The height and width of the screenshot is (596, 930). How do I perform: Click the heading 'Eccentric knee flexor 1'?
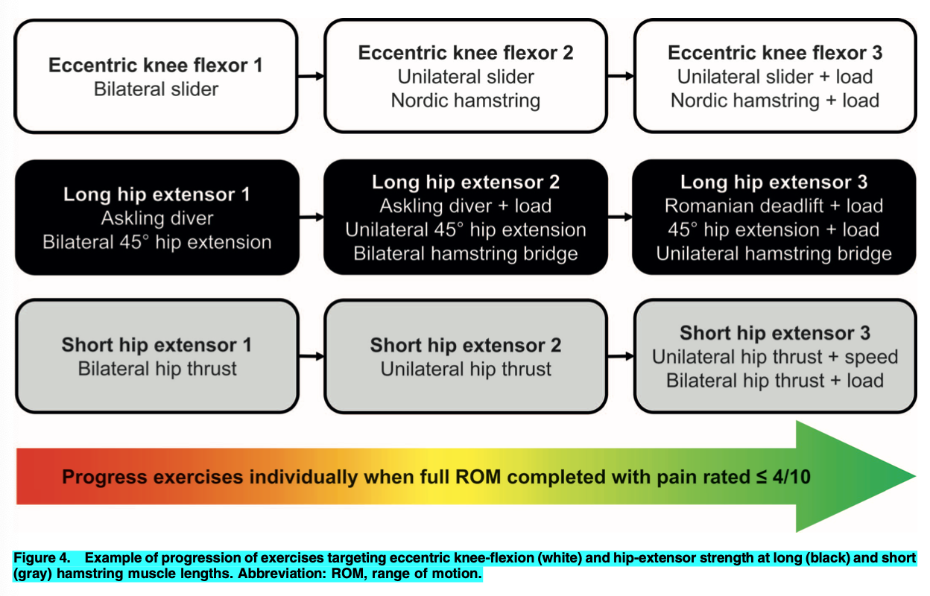point(156,65)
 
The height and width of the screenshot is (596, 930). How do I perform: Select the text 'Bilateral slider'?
point(156,89)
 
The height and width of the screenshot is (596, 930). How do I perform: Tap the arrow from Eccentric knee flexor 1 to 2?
point(311,76)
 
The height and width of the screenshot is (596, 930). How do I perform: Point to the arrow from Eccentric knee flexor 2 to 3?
point(621,76)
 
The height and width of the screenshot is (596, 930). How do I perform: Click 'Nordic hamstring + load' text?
point(775,101)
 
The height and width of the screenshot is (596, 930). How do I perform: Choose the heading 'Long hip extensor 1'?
point(156,194)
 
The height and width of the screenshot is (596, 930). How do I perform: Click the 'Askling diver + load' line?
point(466,206)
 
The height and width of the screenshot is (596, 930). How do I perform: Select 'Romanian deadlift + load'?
point(774,206)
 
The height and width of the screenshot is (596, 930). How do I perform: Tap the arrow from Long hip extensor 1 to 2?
point(311,217)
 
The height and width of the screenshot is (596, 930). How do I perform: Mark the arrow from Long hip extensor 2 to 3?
point(620,217)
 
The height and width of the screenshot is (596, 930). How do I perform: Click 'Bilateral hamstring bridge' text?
point(466,253)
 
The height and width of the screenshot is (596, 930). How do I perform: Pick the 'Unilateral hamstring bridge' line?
point(774,253)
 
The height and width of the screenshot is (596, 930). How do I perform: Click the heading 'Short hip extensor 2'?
point(466,346)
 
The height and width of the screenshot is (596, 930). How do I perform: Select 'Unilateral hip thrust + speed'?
point(775,357)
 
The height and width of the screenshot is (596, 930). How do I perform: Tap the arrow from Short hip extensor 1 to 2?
point(311,356)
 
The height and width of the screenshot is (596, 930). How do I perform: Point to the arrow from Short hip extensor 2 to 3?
point(621,356)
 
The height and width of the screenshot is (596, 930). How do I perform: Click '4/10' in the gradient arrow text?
point(791,477)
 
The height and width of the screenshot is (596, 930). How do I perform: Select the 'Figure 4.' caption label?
point(42,558)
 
